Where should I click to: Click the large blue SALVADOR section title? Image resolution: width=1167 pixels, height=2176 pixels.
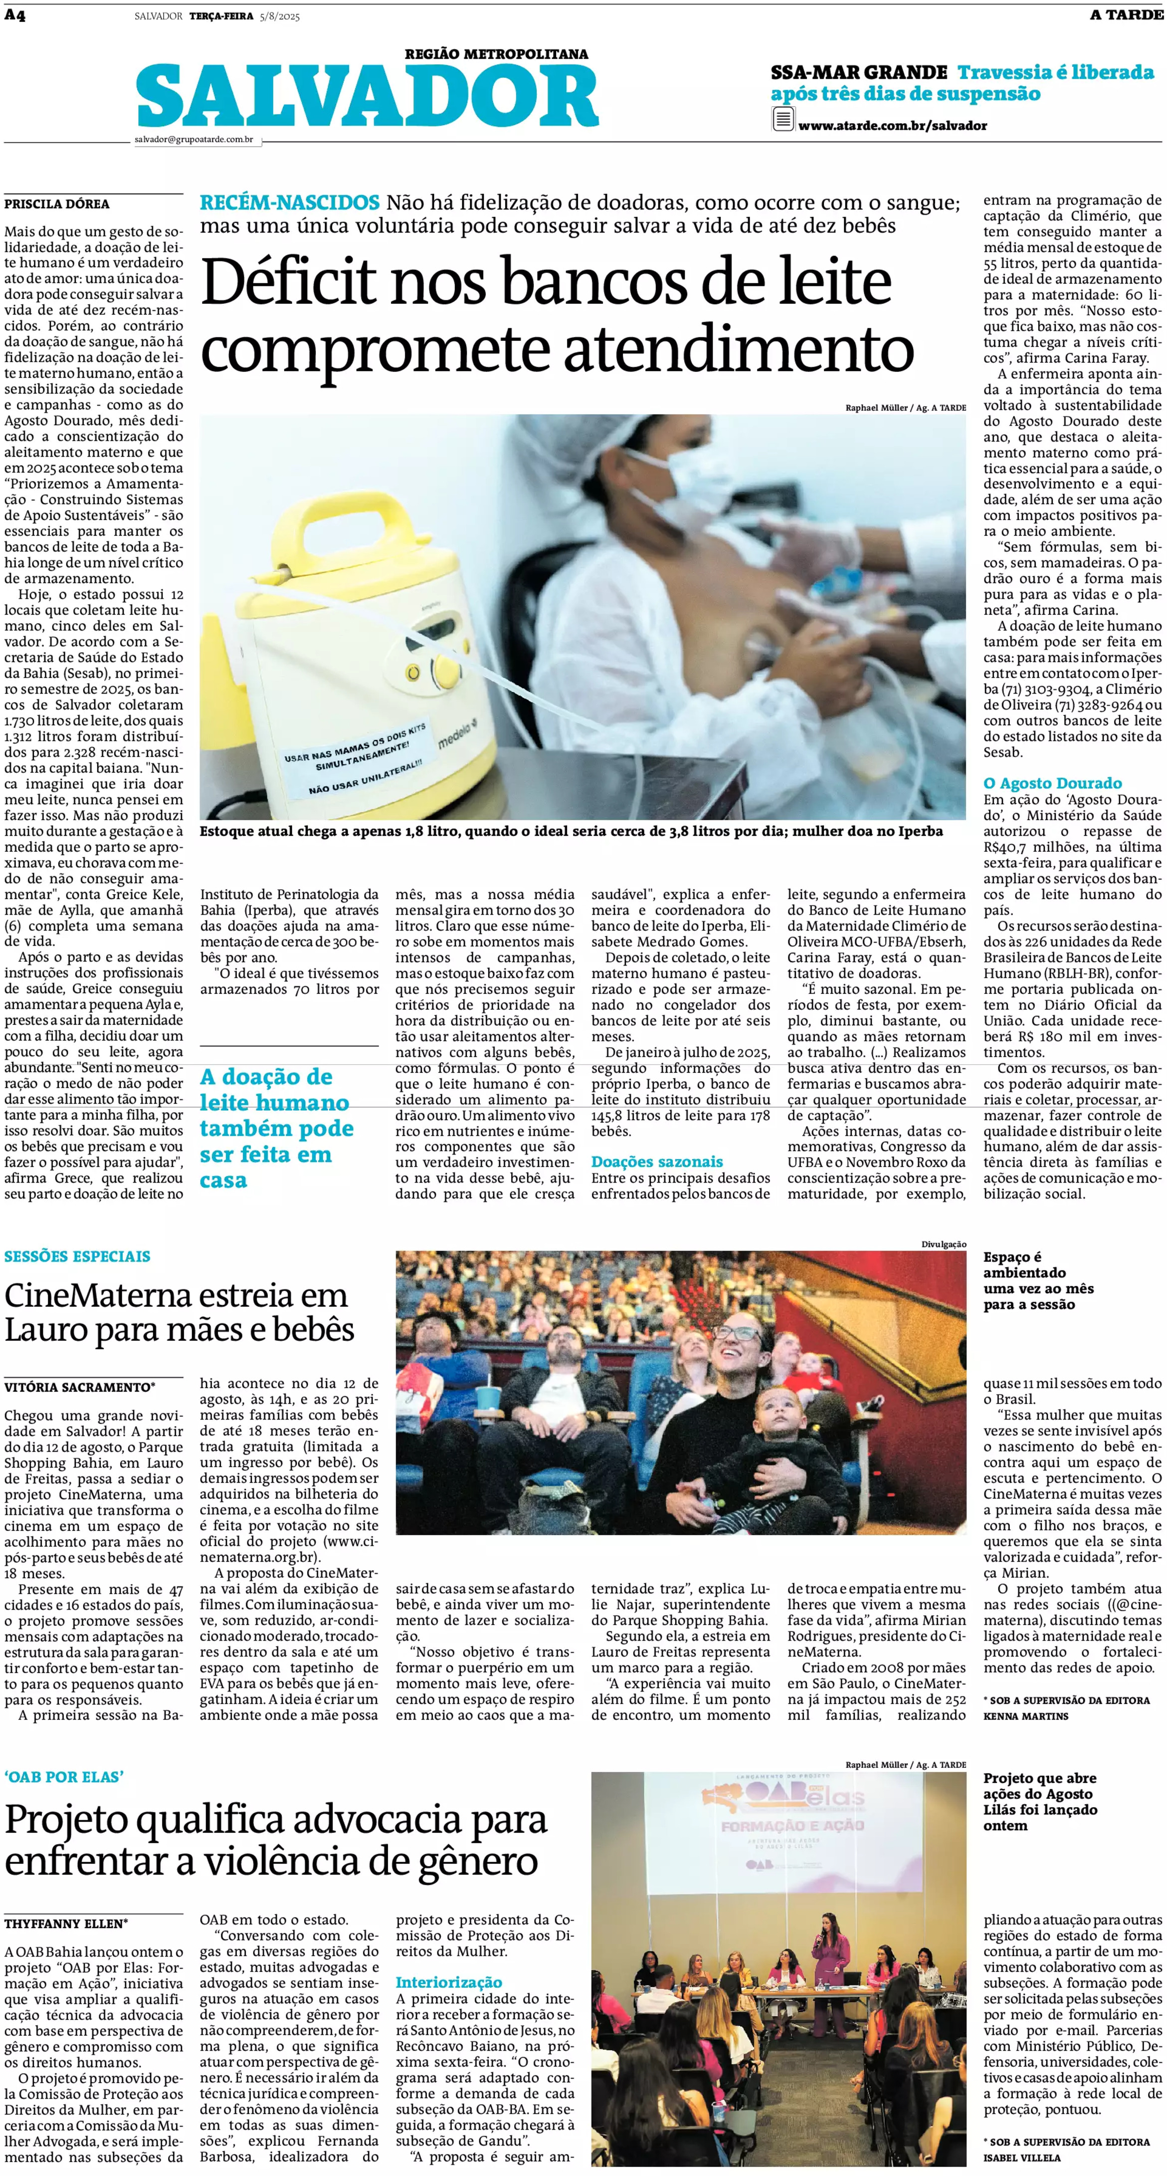pyautogui.click(x=368, y=98)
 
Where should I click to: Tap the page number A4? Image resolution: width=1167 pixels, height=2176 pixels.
pyautogui.click(x=14, y=15)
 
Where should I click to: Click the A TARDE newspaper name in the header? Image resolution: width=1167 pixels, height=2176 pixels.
pyautogui.click(x=1127, y=15)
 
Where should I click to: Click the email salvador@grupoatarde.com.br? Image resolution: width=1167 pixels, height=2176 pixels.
pyautogui.click(x=194, y=139)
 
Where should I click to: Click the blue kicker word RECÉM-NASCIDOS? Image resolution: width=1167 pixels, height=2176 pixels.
pyautogui.click(x=289, y=203)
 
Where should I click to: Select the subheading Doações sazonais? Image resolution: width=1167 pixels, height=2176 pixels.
pyautogui.click(x=656, y=1162)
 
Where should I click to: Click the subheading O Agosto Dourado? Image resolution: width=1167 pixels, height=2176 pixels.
pyautogui.click(x=1052, y=783)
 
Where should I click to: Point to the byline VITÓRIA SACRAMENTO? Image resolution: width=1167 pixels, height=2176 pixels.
pyautogui.click(x=78, y=1387)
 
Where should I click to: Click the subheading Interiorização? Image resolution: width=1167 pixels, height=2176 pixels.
pyautogui.click(x=448, y=1982)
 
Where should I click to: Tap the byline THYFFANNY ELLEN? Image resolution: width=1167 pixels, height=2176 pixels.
pyautogui.click(x=65, y=1924)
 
